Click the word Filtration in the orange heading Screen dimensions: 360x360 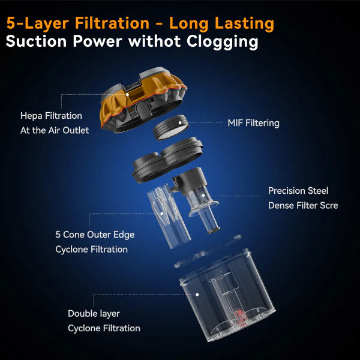click(x=112, y=23)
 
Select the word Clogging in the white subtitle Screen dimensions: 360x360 click(x=222, y=42)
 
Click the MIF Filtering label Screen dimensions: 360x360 click(x=253, y=123)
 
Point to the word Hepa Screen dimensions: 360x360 click(x=31, y=116)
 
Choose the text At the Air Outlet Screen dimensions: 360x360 click(x=55, y=130)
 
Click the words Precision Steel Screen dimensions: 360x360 click(x=298, y=191)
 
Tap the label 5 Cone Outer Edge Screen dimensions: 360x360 click(x=95, y=235)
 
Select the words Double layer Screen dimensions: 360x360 click(x=94, y=314)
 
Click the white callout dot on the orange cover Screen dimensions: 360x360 click(x=127, y=94)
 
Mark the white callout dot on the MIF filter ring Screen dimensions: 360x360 click(x=180, y=122)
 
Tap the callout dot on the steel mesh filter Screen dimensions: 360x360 click(x=203, y=196)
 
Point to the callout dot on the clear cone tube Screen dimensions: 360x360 click(x=161, y=214)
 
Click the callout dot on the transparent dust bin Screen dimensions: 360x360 click(x=197, y=295)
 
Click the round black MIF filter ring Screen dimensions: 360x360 click(x=171, y=127)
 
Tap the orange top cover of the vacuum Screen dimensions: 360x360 click(x=143, y=100)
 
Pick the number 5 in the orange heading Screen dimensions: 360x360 click(x=11, y=23)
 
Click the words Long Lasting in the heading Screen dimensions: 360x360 click(x=221, y=24)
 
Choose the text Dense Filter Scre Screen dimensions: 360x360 click(x=303, y=205)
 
